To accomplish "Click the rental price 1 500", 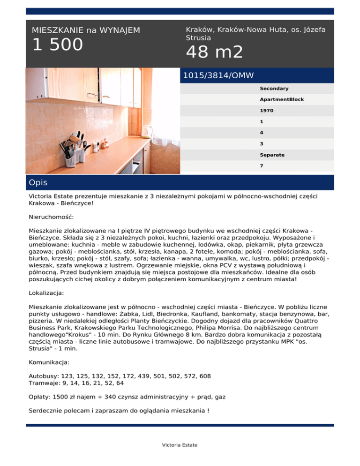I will (57, 45).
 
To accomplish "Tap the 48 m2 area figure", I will (215, 52).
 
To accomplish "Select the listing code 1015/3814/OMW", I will (218, 75).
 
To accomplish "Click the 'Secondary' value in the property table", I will (274, 88).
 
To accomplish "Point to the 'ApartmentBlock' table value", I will (282, 99).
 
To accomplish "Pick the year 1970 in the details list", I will (267, 111).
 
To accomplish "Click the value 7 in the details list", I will (262, 165).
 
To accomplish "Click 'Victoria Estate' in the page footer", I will (180, 445).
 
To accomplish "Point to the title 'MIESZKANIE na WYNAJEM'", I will (86, 30).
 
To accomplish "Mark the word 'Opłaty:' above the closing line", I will (40, 397).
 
